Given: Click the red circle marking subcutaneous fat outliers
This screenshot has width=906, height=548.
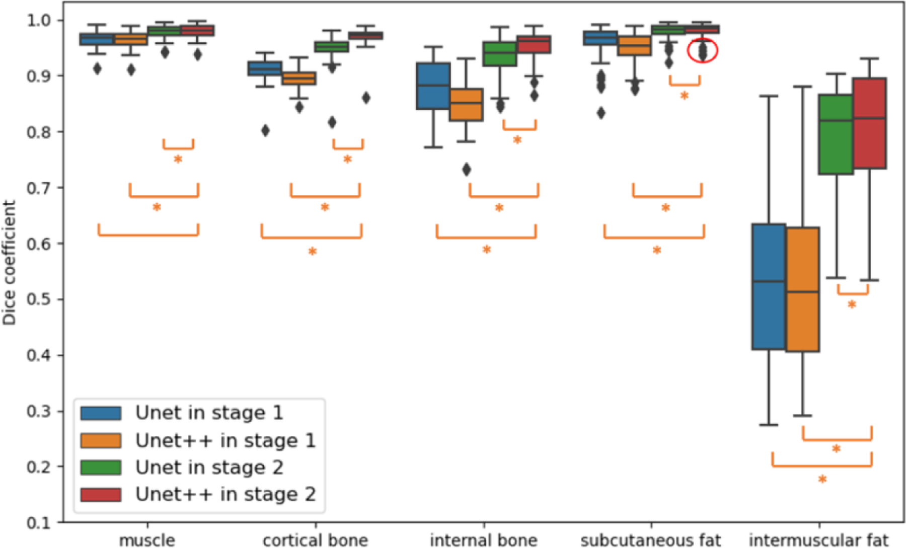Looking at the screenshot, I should [x=702, y=50].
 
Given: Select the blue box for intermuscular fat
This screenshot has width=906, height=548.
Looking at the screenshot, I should [x=769, y=286].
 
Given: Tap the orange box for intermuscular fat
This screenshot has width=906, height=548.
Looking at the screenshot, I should [x=802, y=289].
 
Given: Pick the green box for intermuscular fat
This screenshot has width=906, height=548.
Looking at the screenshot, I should [x=836, y=134].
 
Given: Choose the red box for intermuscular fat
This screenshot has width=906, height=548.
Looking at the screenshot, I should [x=869, y=123].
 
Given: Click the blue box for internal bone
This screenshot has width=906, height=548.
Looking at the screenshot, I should [x=433, y=86].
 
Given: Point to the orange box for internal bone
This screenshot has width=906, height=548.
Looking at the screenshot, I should [x=466, y=105].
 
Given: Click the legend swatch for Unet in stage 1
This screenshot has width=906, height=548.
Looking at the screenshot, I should [x=101, y=413].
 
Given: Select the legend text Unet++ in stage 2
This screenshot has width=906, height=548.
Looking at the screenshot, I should [x=225, y=494].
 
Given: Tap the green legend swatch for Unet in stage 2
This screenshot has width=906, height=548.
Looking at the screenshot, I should [x=101, y=467].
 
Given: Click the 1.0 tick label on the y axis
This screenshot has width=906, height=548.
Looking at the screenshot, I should [x=38, y=20].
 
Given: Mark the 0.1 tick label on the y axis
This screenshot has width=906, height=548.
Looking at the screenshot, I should [x=38, y=523].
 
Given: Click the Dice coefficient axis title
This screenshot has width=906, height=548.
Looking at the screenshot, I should [x=9, y=263].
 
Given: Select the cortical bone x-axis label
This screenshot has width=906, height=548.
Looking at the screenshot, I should [x=315, y=540].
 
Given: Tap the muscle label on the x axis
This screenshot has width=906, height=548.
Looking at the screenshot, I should [x=147, y=540].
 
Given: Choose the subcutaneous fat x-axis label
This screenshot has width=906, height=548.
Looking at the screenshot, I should [x=651, y=540].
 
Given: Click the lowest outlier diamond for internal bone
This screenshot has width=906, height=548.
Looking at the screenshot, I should [x=467, y=170].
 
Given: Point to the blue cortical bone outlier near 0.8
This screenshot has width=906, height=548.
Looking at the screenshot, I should [x=265, y=131].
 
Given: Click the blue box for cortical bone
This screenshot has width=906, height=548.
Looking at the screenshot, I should [x=265, y=68].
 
